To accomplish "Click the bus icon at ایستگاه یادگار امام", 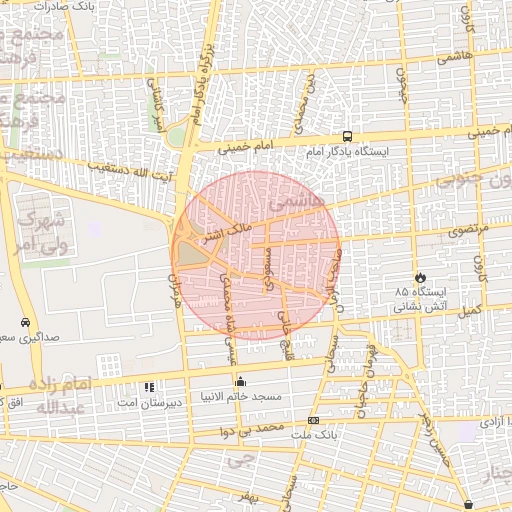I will coord(347,136).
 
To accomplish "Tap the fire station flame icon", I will coord(420,278).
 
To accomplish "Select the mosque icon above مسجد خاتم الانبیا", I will coord(240,381).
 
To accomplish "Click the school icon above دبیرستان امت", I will coord(148,386).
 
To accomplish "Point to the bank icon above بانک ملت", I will coord(313,420).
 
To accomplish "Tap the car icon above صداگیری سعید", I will coord(24,323).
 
